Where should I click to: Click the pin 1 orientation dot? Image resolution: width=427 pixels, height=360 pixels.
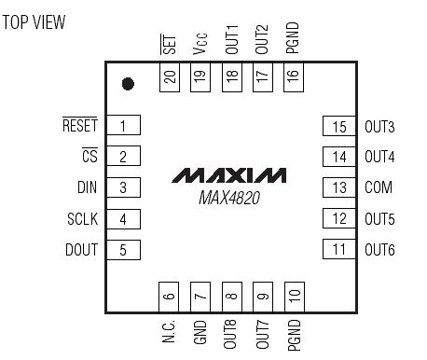pyautogui.click(x=128, y=84)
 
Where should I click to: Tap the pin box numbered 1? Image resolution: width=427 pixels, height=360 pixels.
pyautogui.click(x=122, y=125)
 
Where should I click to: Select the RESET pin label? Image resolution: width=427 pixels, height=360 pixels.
pyautogui.click(x=79, y=125)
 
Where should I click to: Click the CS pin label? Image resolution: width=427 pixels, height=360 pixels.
pyautogui.click(x=90, y=156)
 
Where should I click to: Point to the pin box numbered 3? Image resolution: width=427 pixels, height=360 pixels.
pyautogui.click(x=122, y=187)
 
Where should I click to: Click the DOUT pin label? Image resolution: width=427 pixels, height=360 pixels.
pyautogui.click(x=81, y=249)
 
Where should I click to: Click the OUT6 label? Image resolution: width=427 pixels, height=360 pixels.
pyautogui.click(x=379, y=249)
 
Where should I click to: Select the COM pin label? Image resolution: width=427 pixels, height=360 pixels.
pyautogui.click(x=379, y=187)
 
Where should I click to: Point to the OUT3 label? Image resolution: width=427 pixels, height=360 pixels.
pyautogui.click(x=379, y=125)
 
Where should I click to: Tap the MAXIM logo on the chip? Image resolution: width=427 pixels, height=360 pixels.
pyautogui.click(x=230, y=175)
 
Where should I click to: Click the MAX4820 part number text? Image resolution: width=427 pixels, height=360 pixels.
pyautogui.click(x=230, y=198)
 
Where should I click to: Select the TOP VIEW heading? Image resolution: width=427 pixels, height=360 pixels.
pyautogui.click(x=34, y=21)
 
